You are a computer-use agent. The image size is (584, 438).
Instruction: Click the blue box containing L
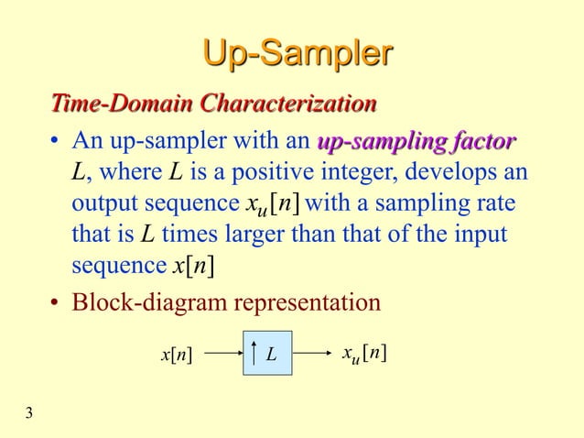point(268,354)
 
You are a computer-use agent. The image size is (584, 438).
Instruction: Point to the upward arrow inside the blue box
point(252,354)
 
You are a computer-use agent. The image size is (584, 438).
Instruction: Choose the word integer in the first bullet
point(346,171)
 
